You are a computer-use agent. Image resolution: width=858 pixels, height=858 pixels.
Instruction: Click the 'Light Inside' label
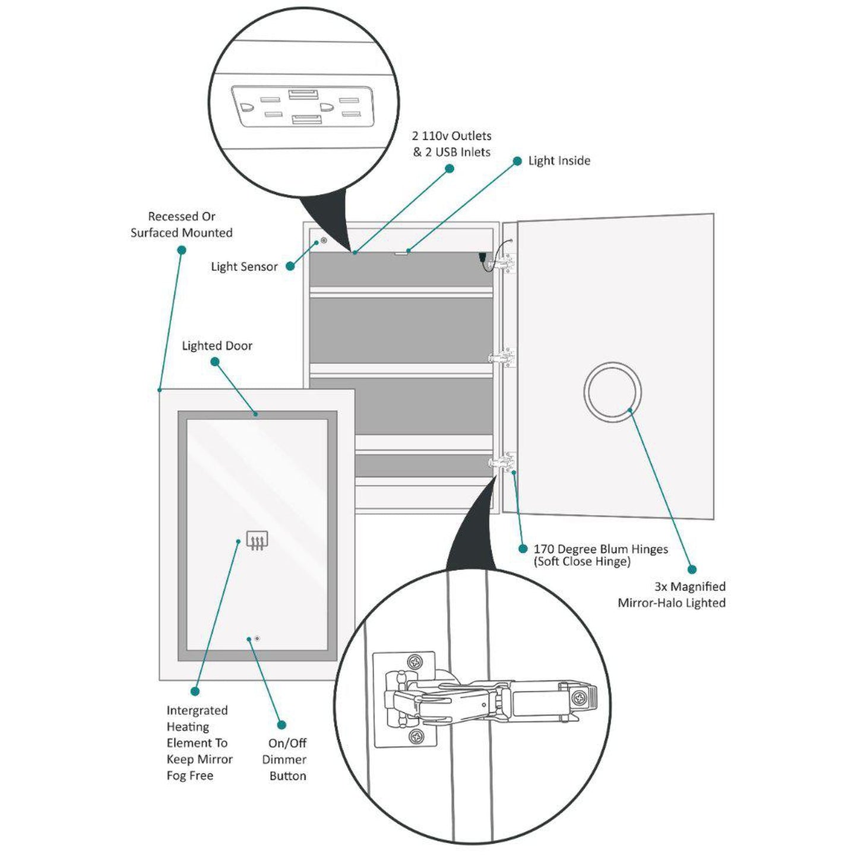(x=559, y=161)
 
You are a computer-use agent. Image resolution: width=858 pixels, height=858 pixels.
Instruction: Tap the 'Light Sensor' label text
(x=244, y=267)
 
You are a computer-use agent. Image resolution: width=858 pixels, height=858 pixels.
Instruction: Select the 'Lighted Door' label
(x=217, y=346)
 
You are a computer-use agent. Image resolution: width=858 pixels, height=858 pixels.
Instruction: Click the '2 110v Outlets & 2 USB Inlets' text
(x=452, y=144)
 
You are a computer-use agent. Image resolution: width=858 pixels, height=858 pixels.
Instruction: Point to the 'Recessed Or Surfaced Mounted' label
(x=182, y=224)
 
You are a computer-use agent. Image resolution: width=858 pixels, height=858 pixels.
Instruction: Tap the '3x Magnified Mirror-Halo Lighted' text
(x=672, y=594)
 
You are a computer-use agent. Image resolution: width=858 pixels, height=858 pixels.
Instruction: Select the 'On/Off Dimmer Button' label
(x=285, y=759)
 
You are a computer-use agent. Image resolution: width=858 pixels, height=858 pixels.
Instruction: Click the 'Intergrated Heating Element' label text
(x=199, y=742)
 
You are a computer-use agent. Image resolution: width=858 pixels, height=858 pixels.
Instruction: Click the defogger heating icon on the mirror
(x=257, y=540)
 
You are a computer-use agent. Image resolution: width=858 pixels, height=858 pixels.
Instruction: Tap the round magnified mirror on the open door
(x=612, y=392)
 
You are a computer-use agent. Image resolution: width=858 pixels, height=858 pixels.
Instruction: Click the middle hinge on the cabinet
(x=502, y=357)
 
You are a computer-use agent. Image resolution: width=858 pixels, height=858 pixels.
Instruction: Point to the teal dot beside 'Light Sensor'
(x=290, y=266)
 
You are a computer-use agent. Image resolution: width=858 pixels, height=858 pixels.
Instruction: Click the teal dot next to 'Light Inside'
(x=517, y=161)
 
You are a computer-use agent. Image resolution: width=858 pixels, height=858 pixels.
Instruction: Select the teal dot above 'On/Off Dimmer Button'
(x=281, y=725)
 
